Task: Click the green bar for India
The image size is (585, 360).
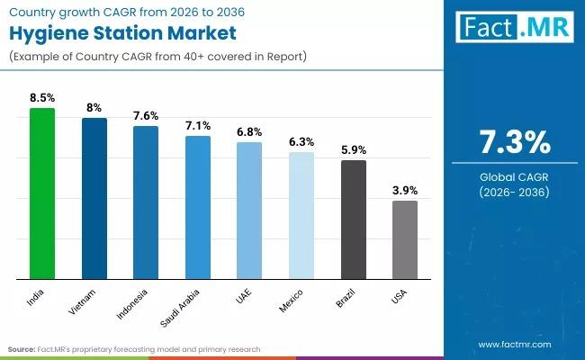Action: tap(42, 193)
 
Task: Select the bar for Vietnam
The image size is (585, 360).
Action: tap(94, 198)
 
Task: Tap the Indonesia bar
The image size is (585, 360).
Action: tap(146, 202)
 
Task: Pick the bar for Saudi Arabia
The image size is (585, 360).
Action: tap(198, 207)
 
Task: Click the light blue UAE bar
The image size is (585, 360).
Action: tap(249, 211)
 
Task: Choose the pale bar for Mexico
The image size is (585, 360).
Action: tap(301, 215)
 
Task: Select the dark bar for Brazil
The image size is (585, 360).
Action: tap(353, 220)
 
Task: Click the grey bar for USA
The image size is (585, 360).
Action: tap(405, 239)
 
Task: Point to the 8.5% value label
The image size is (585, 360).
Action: tap(42, 97)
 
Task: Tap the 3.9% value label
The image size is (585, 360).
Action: tap(405, 191)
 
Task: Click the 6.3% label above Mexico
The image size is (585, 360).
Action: tap(301, 141)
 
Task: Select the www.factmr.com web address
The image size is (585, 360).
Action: tap(514, 344)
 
